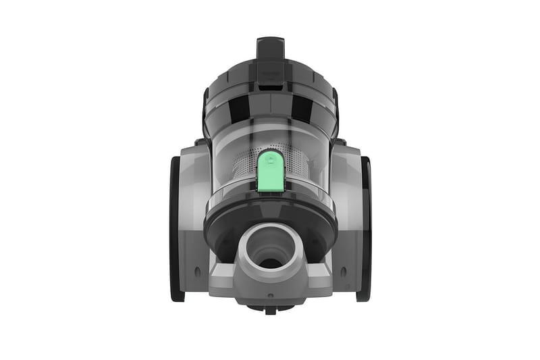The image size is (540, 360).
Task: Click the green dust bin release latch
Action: pyautogui.click(x=270, y=170)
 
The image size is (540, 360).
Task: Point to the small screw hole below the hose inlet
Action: pyautogui.click(x=270, y=295)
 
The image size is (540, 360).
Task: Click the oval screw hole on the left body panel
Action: pyautogui.click(x=197, y=271)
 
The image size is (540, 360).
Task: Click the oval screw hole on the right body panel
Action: pyautogui.click(x=343, y=271)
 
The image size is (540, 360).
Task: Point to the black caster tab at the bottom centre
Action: pyautogui.click(x=270, y=310)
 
